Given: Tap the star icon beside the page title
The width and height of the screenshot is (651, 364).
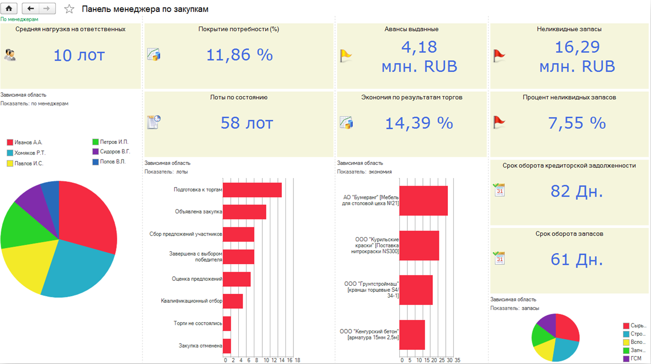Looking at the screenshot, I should tap(70, 9).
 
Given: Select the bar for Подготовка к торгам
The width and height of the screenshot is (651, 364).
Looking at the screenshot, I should tap(252, 190).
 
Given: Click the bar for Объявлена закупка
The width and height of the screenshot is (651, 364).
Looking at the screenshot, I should tap(244, 212).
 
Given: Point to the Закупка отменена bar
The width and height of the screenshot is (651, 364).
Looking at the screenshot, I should tap(227, 345).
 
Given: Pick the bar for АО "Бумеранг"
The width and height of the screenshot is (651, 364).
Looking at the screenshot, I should tap(423, 201).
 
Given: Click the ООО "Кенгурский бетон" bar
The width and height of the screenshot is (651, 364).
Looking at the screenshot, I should tap(412, 334).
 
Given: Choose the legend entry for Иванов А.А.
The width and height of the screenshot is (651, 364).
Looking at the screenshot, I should tap(25, 142).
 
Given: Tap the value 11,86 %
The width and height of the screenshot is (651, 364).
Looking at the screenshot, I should tap(239, 55).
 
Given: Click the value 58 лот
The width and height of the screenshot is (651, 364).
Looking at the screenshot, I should tap(247, 123).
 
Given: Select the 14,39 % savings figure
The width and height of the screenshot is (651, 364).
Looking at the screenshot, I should tap(419, 123).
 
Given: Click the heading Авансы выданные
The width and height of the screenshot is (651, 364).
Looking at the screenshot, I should tap(411, 29).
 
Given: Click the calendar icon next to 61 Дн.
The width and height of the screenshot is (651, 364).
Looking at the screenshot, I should tap(499, 258).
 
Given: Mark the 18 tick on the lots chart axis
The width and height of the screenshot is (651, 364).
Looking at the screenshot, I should tap(297, 360).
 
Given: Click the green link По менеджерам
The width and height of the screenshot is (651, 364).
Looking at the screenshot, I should tap(19, 19).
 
